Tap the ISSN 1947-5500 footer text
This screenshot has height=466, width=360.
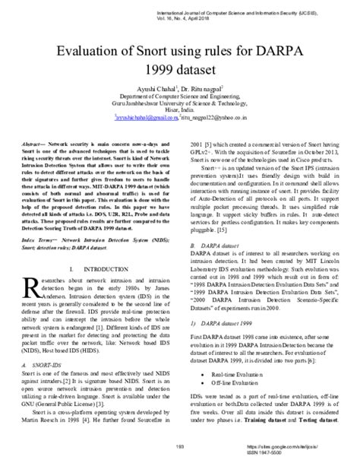pyautogui.click(x=302, y=453)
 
